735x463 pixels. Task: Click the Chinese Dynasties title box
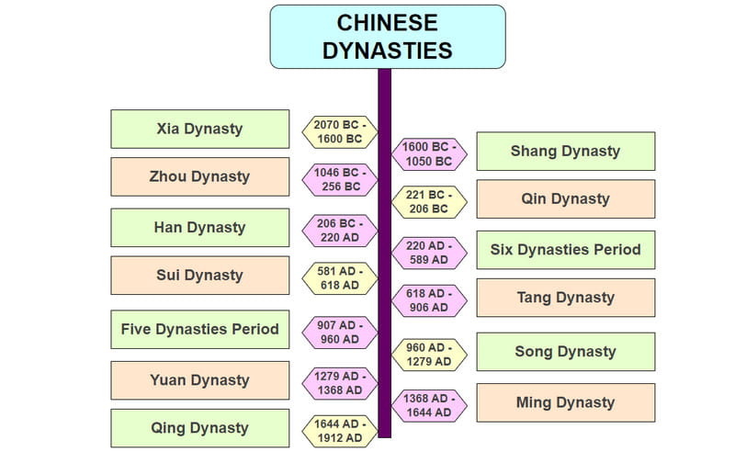(387, 36)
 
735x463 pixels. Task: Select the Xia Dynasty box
(199, 129)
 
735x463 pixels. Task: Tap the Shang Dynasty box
(565, 151)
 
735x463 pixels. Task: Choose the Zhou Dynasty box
(199, 176)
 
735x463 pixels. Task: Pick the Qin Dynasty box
(565, 198)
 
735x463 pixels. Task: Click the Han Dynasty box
(199, 227)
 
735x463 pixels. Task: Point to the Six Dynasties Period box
(565, 249)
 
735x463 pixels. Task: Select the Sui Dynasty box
(199, 275)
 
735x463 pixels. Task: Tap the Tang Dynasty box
(565, 298)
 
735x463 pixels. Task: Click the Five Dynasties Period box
(199, 329)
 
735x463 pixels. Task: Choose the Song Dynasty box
(565, 351)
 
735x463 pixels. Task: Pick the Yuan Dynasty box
(199, 380)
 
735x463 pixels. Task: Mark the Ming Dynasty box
(565, 402)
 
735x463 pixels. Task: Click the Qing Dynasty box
(199, 428)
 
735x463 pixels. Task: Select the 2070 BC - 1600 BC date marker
(339, 132)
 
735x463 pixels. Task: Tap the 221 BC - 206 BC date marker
(428, 202)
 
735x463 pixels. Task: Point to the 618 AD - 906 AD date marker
(428, 301)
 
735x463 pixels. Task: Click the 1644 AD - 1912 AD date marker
(339, 431)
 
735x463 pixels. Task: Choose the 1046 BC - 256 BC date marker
(339, 179)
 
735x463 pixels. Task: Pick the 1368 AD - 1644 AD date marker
(428, 405)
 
